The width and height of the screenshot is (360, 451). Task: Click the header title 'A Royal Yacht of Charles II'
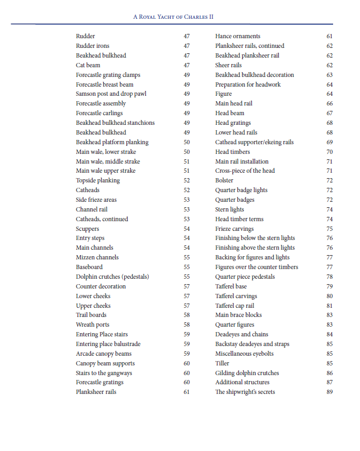[173, 17]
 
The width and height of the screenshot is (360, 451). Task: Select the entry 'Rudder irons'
[93, 46]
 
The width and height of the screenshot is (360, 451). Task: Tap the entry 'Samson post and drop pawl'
[111, 94]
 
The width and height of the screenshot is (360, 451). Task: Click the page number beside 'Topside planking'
[186, 181]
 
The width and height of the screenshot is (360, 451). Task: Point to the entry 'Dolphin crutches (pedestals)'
[112, 277]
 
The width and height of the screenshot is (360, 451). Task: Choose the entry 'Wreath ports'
[93, 325]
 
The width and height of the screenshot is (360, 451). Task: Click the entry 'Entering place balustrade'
[108, 344]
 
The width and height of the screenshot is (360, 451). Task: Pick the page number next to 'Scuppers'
[186, 229]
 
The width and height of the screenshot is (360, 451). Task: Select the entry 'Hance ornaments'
[237, 36]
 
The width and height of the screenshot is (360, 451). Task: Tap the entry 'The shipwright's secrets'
[245, 392]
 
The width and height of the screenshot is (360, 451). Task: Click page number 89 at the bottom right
[329, 392]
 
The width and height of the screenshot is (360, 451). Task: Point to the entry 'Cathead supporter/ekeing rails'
[255, 142]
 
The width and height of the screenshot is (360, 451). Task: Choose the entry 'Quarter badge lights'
[241, 190]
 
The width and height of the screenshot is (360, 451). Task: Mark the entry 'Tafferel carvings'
[236, 296]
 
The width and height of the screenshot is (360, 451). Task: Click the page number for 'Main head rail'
[329, 103]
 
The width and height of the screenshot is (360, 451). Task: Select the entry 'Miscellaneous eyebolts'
[244, 354]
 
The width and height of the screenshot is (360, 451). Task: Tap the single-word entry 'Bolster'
[224, 181]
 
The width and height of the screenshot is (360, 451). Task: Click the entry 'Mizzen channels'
[97, 257]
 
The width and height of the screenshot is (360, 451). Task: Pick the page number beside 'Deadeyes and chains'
[329, 334]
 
